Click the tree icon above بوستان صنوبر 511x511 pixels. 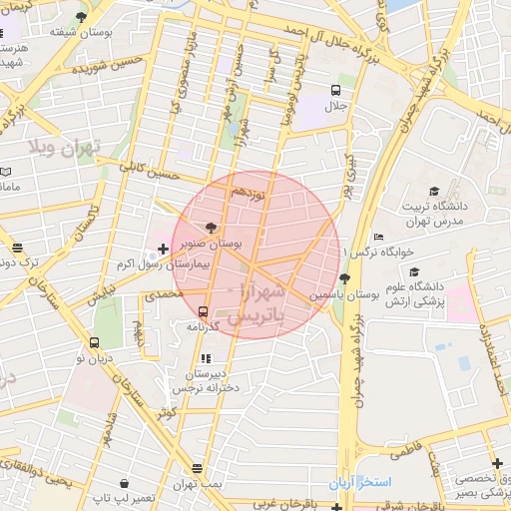point(210,228)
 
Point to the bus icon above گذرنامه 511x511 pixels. point(204,311)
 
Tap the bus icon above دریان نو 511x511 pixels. point(94,341)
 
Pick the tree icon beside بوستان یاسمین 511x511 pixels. point(344,278)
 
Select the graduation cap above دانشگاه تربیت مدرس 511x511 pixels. point(433,191)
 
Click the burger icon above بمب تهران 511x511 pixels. point(198,467)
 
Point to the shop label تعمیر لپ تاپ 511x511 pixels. point(123,496)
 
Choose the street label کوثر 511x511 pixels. point(166,411)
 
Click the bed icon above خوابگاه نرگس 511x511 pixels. point(377,237)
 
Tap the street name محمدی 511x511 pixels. point(163,296)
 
